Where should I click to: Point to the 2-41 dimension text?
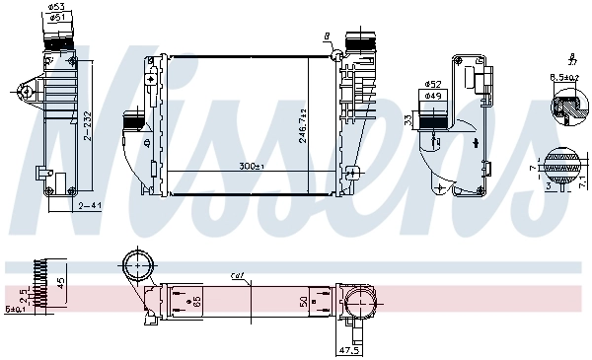[91, 205]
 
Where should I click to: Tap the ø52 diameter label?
[432, 85]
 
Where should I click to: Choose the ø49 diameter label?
[432, 96]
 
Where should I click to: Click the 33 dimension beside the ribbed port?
[408, 121]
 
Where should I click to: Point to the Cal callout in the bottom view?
[237, 275]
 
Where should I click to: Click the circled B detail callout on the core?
[327, 36]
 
